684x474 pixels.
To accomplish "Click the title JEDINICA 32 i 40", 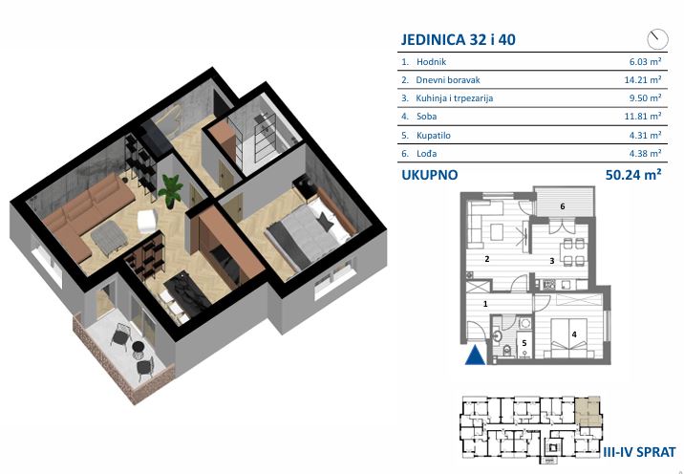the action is pos(458,40).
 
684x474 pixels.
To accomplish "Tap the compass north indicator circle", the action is pos(657,39).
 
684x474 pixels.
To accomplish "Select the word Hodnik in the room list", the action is pos(431,62).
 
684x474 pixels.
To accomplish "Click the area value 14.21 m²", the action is pos(643,80).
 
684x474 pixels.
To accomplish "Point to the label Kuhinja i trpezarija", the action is pos(454,98).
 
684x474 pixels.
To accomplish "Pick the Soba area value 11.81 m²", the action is pos(643,116).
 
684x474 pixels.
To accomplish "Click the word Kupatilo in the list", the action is pos(433,136).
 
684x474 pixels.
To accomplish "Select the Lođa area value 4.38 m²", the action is pos(645,153).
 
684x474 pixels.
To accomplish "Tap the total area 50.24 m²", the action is pos(633,175).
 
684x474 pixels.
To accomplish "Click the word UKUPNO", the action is pos(430,175).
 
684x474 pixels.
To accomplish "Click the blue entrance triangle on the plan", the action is pos(475,355).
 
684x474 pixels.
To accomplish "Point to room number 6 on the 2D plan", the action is pos(563,206).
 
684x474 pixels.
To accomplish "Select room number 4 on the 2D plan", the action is pos(574,334).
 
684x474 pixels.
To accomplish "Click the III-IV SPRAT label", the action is pos(639,452).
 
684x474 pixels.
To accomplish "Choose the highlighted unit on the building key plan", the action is pos(588,412).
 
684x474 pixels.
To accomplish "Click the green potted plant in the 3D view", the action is pos(171,191).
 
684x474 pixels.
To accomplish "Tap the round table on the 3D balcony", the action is pos(139,348).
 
